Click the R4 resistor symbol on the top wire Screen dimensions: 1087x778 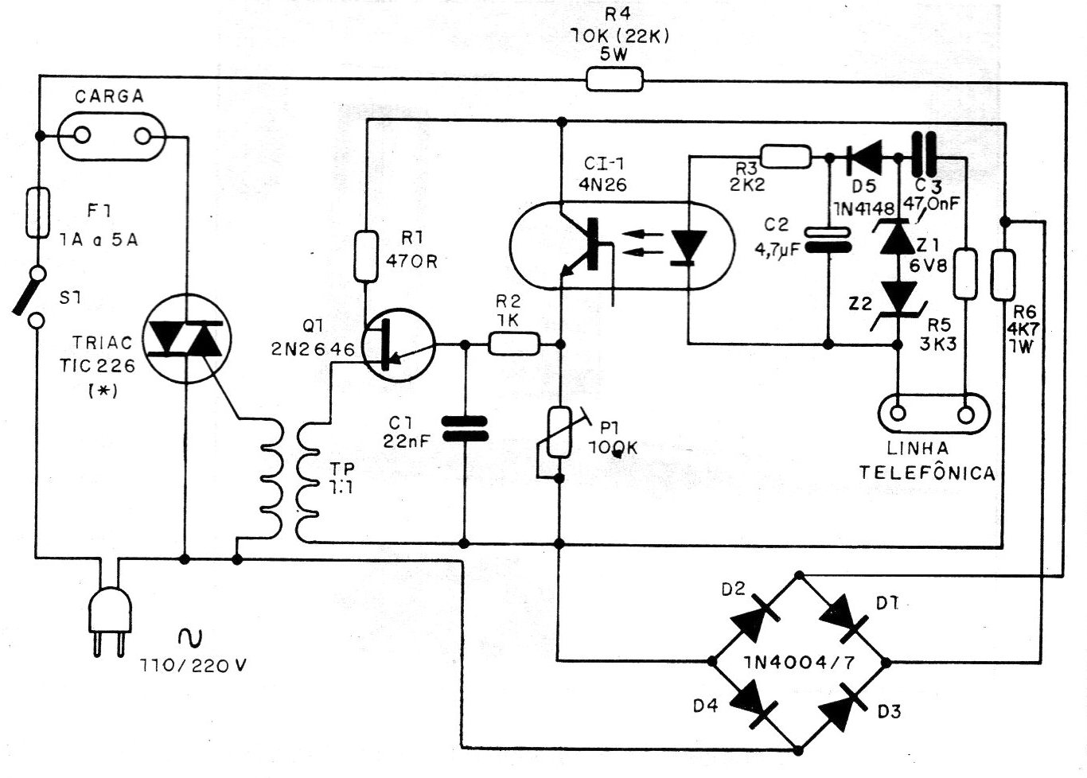[x=614, y=80]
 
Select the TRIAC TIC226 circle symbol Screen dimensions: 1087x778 [x=187, y=339]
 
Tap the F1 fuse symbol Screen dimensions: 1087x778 [x=37, y=213]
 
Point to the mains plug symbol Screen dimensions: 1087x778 [x=110, y=621]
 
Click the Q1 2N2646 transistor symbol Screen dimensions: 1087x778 [x=399, y=345]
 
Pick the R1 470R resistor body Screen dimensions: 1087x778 [x=366, y=257]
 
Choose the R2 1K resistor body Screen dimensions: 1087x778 [x=513, y=344]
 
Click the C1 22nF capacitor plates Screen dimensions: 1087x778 [x=465, y=429]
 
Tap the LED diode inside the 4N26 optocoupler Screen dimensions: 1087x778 [x=688, y=248]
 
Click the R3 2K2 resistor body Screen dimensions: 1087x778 [x=785, y=157]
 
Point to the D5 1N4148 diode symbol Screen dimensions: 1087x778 [x=864, y=158]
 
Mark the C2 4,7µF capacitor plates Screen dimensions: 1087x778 [x=828, y=240]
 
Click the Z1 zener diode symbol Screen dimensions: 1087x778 [x=898, y=236]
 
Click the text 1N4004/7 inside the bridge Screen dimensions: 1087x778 [x=799, y=662]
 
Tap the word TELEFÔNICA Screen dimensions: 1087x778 [x=927, y=473]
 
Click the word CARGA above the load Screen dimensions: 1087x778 [x=110, y=96]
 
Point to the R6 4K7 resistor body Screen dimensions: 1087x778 [x=1003, y=274]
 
